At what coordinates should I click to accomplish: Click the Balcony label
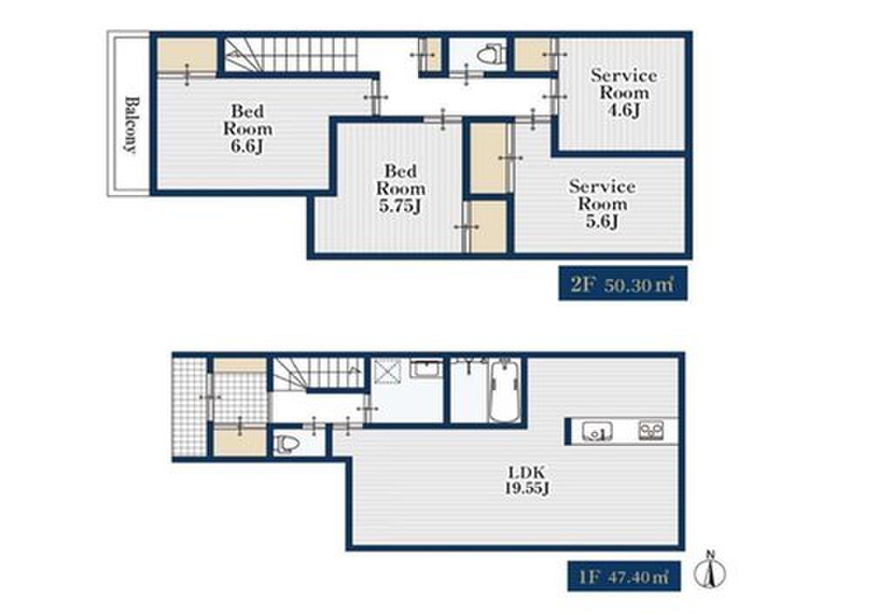point(131,125)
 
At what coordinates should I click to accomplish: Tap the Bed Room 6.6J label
point(247,128)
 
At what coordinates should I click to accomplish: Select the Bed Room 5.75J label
point(401,188)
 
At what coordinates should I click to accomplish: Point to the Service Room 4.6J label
point(624,92)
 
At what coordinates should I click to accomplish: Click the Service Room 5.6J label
point(602,203)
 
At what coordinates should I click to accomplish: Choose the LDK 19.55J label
point(527,481)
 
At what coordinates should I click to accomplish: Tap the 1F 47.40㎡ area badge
point(624,576)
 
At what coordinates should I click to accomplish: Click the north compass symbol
point(710,570)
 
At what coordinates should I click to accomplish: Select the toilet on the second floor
point(490,55)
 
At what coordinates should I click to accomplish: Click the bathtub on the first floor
point(505,391)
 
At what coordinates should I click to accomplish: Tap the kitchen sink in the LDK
point(598,431)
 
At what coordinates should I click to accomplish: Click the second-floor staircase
point(291,55)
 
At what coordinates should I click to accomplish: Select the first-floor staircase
point(317,374)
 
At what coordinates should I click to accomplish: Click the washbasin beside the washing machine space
point(426,368)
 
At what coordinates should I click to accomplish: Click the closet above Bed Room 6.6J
point(186,55)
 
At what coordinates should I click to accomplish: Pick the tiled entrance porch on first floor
point(190,407)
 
